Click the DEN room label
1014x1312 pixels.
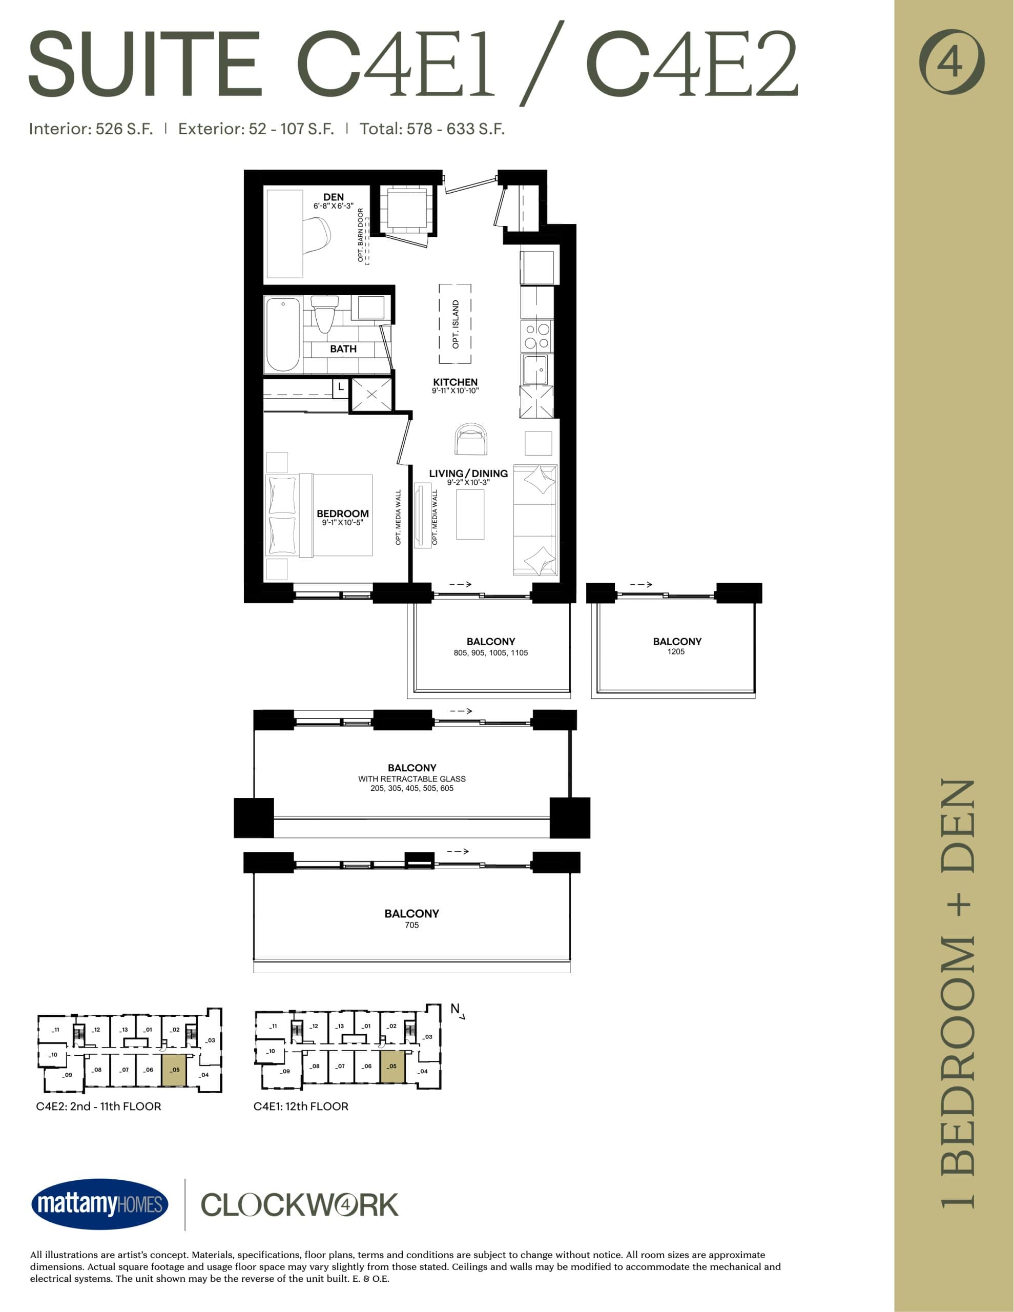click(334, 197)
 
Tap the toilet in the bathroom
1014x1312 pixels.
click(324, 314)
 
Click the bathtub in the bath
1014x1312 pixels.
click(283, 336)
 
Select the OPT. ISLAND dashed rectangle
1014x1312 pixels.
click(455, 324)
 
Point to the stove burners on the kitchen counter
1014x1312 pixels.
click(537, 336)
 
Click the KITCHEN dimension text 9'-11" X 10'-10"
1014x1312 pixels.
click(455, 391)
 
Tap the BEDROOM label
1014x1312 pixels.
click(342, 514)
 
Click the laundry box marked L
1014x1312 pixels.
click(341, 387)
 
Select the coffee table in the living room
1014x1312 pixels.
click(470, 514)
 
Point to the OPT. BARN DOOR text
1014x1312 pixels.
click(360, 235)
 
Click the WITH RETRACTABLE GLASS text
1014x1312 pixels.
click(411, 778)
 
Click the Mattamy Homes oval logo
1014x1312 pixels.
click(100, 1204)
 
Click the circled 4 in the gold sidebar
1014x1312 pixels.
click(951, 61)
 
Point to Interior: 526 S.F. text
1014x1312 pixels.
click(91, 129)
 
